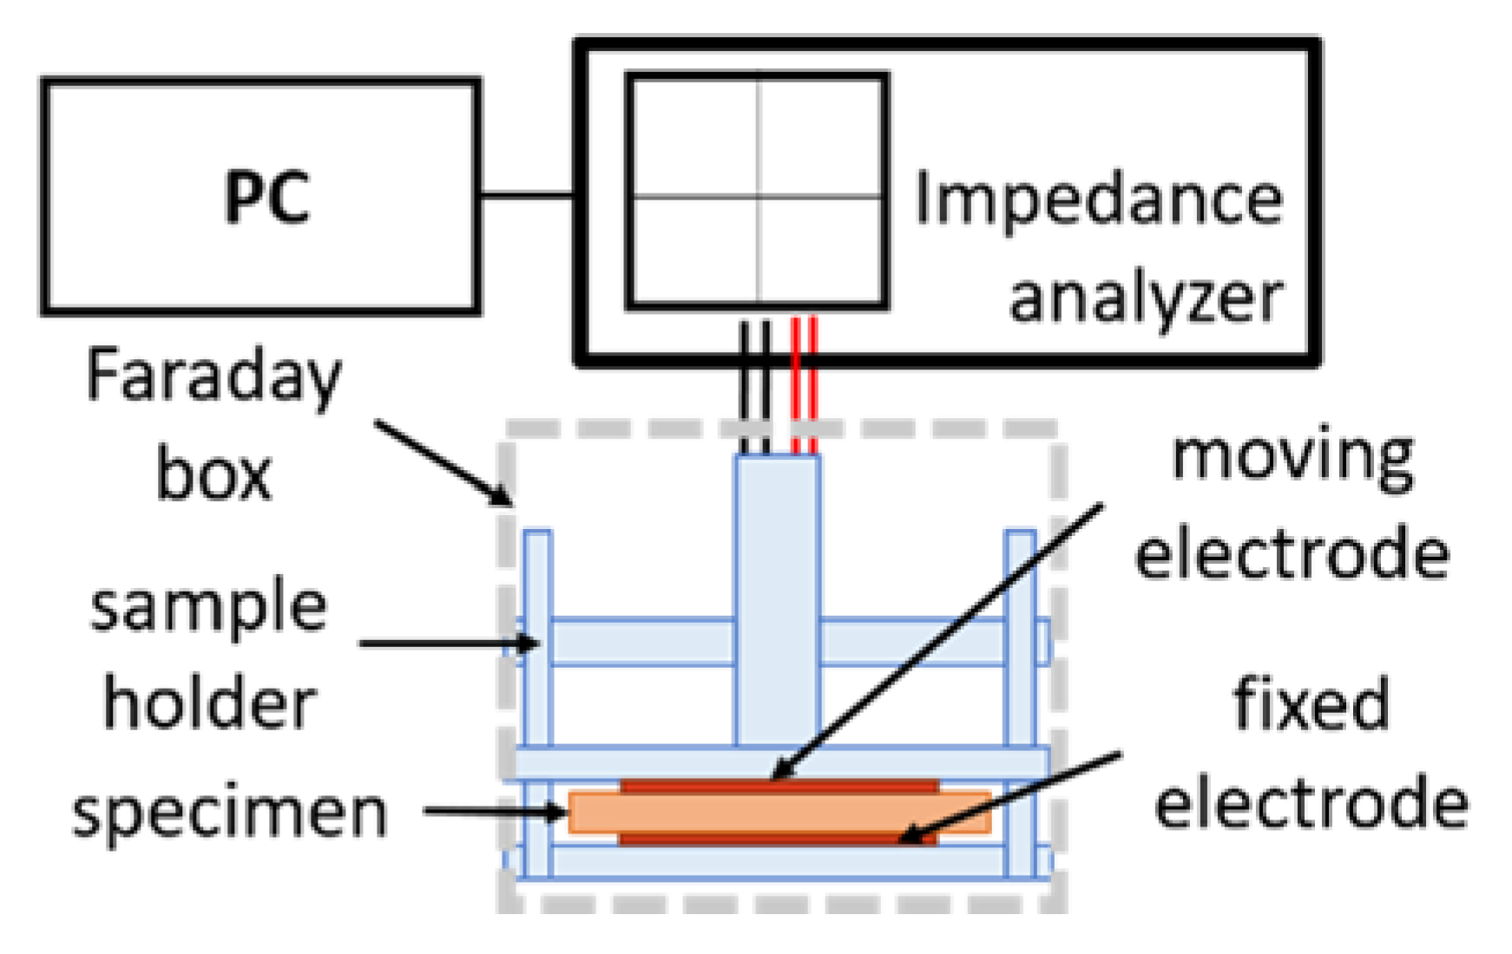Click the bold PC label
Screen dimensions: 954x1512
[266, 198]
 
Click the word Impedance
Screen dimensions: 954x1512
[1098, 200]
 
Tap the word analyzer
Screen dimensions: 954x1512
[1146, 297]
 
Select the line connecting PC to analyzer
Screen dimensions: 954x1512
[525, 195]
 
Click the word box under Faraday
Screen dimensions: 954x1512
[214, 474]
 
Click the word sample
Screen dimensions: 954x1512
[208, 606]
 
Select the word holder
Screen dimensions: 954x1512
[209, 703]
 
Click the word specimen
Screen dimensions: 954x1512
[229, 813]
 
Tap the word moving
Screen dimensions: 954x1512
[1292, 457]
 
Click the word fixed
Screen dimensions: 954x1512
[1311, 705]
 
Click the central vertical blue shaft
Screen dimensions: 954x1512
[777, 598]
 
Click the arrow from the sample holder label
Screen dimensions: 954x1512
[447, 644]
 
